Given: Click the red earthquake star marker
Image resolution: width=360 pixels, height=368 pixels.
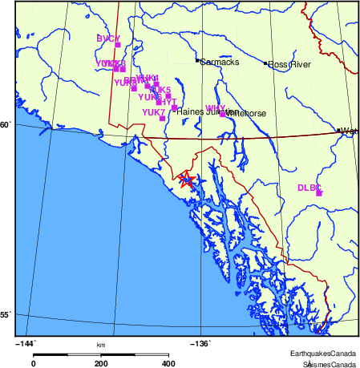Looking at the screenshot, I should coord(186,179).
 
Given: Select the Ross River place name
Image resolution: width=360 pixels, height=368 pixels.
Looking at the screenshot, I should coord(289,64).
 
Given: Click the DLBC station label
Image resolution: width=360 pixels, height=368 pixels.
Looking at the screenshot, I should coord(309,188).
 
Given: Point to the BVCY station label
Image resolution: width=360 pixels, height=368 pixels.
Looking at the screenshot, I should coord(107,38).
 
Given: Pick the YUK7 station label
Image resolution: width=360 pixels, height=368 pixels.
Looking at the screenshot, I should coord(153,113).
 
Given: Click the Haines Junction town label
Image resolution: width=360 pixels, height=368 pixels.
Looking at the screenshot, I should coord(200,112).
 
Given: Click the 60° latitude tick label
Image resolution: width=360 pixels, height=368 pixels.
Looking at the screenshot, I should coord(6,125).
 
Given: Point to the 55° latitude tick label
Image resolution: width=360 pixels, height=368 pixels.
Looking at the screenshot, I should coord(6,315).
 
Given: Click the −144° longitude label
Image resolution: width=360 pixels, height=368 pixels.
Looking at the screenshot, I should coord(26,343).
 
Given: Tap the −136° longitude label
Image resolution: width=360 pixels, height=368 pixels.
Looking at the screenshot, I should coord(200,343).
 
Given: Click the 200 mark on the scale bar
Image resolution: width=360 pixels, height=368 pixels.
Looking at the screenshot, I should coord(102,363).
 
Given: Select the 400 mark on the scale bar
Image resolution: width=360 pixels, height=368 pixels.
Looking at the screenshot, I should coord(169,363).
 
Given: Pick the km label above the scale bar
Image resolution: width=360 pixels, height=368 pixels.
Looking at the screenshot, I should coord(101,345).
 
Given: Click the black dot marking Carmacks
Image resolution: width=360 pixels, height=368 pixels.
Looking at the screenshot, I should coord(197,61).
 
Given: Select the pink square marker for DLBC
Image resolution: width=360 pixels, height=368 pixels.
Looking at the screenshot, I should coord(318,193).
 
